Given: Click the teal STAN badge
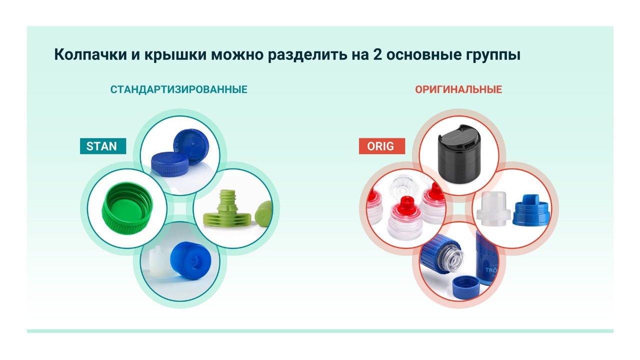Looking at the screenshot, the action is point(103,146).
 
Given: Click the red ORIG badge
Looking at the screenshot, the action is point(381,146).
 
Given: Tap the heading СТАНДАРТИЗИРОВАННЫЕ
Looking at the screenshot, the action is point(179,89).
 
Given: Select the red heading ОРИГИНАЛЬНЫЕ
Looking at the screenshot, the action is point(458,89).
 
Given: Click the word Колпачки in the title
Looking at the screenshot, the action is point(90,54).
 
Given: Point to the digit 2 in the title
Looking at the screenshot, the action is point(377,54).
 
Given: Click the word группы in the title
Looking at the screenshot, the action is point(493,55).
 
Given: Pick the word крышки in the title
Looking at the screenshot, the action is point(175,55).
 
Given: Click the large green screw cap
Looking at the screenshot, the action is point(127,208).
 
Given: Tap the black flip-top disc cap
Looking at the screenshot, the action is point(459,153).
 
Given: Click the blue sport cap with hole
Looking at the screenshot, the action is point(190,260).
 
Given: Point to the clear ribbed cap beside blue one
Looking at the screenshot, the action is point(493,208).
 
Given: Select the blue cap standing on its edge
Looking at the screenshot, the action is point(191,146).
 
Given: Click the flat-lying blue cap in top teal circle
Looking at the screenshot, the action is point(169,164).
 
